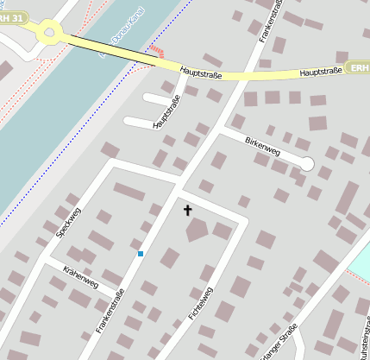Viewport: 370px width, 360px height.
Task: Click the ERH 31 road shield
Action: tap(14, 17)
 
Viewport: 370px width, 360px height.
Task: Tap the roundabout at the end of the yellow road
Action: tap(48, 34)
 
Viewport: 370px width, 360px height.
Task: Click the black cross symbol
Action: tap(187, 210)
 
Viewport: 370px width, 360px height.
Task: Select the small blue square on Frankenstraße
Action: tap(140, 254)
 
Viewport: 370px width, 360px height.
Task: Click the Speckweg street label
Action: tap(67, 221)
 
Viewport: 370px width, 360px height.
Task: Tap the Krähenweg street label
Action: tap(81, 277)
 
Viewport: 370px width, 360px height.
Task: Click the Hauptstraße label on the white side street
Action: tap(168, 111)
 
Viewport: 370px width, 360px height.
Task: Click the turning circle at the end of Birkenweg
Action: tap(306, 162)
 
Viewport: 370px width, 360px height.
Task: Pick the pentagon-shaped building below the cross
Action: tap(198, 230)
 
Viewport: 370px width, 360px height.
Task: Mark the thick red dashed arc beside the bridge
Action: tap(156, 50)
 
